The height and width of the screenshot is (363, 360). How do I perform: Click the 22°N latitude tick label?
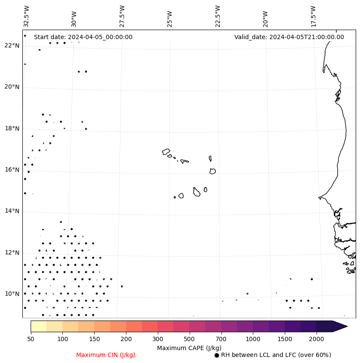(12, 46)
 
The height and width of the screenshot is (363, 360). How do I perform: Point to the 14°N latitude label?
(12, 211)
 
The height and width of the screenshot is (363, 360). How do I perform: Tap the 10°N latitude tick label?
(12, 294)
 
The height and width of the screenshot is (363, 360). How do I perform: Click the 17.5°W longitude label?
(314, 16)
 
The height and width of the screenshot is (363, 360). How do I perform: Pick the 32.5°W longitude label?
(27, 16)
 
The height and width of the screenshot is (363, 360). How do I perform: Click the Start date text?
(83, 37)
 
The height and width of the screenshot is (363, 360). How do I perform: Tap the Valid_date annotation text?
(289, 37)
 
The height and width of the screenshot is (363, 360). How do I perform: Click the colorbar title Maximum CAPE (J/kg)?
(189, 348)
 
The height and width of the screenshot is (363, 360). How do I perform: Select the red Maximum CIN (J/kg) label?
(106, 355)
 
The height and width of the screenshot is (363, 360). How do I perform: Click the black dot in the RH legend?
(217, 355)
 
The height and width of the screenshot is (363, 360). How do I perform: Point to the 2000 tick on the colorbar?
(317, 339)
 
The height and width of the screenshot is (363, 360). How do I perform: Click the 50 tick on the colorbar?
(31, 339)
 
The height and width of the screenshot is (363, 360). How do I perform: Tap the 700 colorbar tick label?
(221, 339)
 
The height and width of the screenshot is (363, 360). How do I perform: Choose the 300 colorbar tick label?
(157, 339)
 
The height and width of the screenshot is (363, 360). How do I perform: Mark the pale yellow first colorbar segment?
(39, 326)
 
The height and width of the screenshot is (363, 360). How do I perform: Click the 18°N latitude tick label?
(12, 128)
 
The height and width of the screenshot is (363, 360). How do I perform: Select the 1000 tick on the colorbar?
(253, 339)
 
